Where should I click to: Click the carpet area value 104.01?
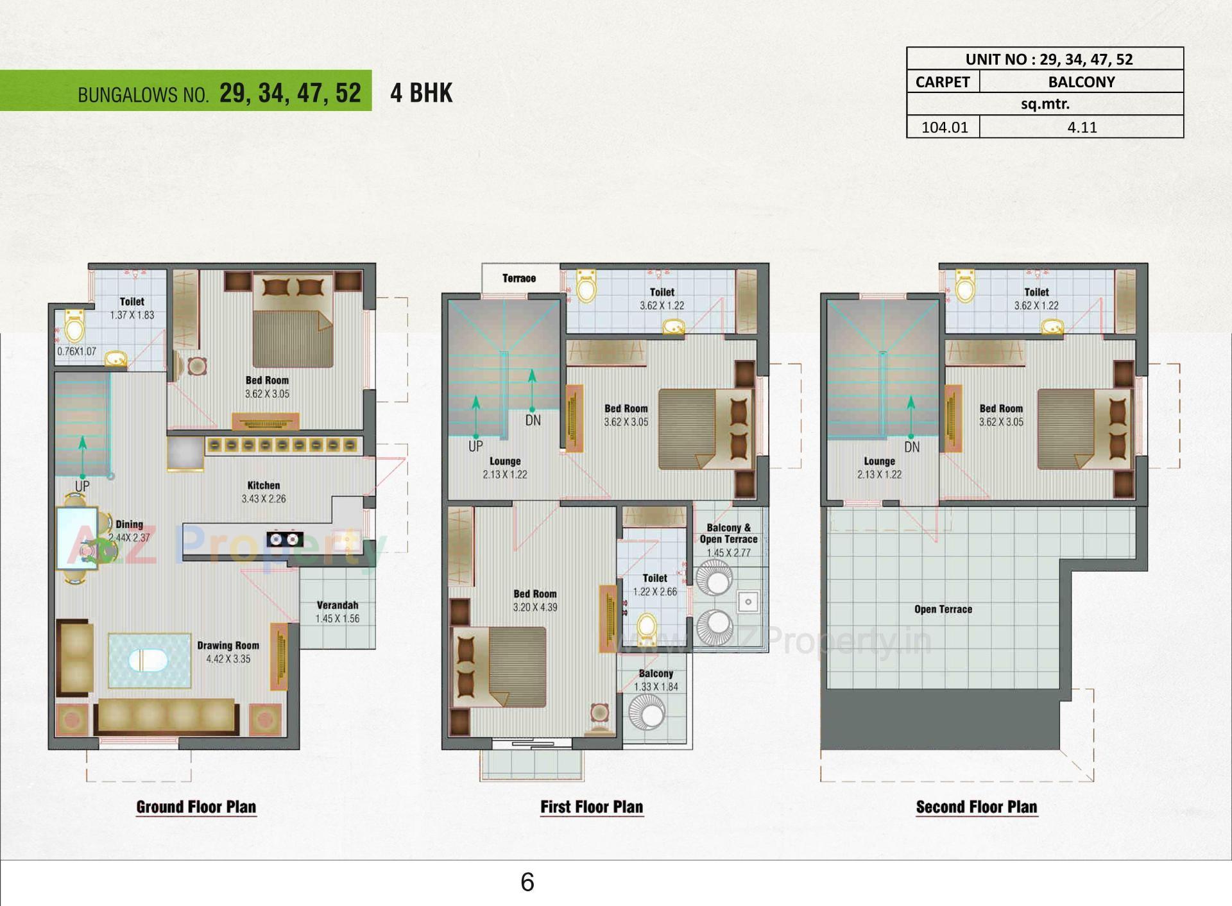[944, 127]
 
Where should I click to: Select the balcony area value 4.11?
[1082, 127]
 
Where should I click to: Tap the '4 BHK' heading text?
[421, 93]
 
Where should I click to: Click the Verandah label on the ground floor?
[337, 605]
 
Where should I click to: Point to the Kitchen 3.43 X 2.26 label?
[264, 492]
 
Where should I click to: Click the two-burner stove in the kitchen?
[285, 539]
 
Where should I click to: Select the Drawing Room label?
[228, 645]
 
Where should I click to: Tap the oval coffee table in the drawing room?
[148, 661]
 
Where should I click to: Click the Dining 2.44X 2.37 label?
[129, 531]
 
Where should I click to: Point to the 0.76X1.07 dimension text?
[76, 352]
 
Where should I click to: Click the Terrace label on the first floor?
[519, 278]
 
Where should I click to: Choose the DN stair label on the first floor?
[533, 421]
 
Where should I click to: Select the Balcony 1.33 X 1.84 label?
[656, 680]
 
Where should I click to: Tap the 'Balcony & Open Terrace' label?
[728, 533]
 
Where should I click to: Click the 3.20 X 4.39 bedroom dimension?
[535, 607]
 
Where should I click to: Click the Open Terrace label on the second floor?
[943, 610]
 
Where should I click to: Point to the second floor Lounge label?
[879, 461]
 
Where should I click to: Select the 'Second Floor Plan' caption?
[976, 807]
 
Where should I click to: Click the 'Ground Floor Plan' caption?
[196, 807]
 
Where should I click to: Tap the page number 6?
[527, 882]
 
